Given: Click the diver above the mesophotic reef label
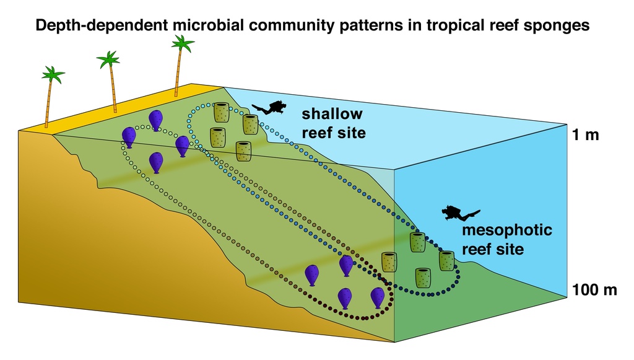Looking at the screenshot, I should click(459, 214).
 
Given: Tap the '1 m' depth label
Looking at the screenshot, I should click(585, 135).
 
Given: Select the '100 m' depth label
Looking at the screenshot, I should click(594, 289).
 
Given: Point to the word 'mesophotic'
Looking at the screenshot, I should click(507, 230).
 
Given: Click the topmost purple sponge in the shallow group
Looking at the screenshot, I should click(155, 120).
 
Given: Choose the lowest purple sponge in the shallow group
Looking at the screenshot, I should click(156, 162).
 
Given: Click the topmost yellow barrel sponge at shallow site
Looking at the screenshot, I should click(222, 113).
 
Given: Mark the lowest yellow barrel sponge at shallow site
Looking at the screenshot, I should click(244, 151).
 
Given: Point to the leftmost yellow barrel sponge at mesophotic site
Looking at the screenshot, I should click(389, 262).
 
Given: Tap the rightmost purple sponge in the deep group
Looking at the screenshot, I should click(377, 297).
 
